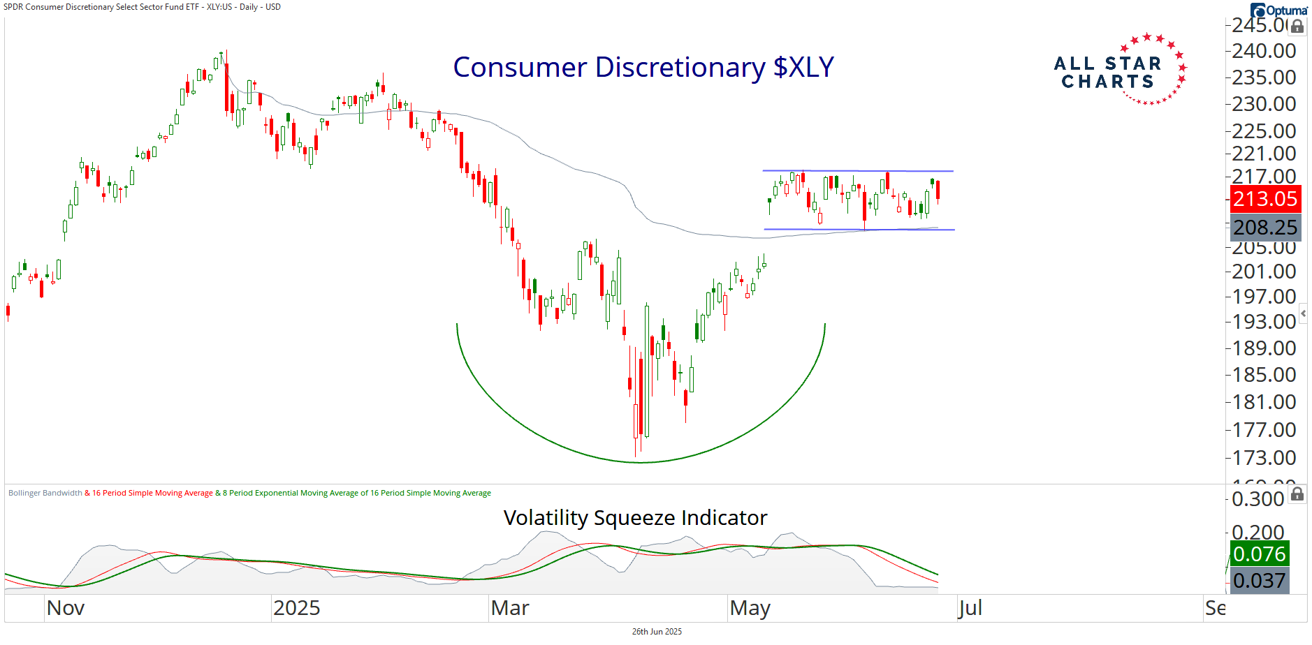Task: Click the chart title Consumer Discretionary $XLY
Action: click(643, 68)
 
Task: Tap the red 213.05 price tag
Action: click(1264, 199)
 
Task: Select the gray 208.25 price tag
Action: click(1264, 228)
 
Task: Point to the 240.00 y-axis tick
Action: click(1264, 51)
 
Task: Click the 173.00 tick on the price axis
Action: click(1264, 458)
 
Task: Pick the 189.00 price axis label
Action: click(1264, 348)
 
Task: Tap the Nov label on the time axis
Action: click(66, 608)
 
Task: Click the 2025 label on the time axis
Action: click(296, 608)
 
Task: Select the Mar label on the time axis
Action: click(510, 608)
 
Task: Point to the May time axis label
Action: click(750, 608)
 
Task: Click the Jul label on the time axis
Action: click(970, 608)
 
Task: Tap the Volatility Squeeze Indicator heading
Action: click(635, 518)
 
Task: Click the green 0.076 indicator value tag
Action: click(1259, 554)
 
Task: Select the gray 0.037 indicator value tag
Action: click(1259, 581)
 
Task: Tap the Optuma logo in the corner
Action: click(1279, 10)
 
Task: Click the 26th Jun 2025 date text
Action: click(657, 632)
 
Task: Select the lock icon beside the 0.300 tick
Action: click(1297, 495)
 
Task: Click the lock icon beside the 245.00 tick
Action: click(1297, 27)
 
